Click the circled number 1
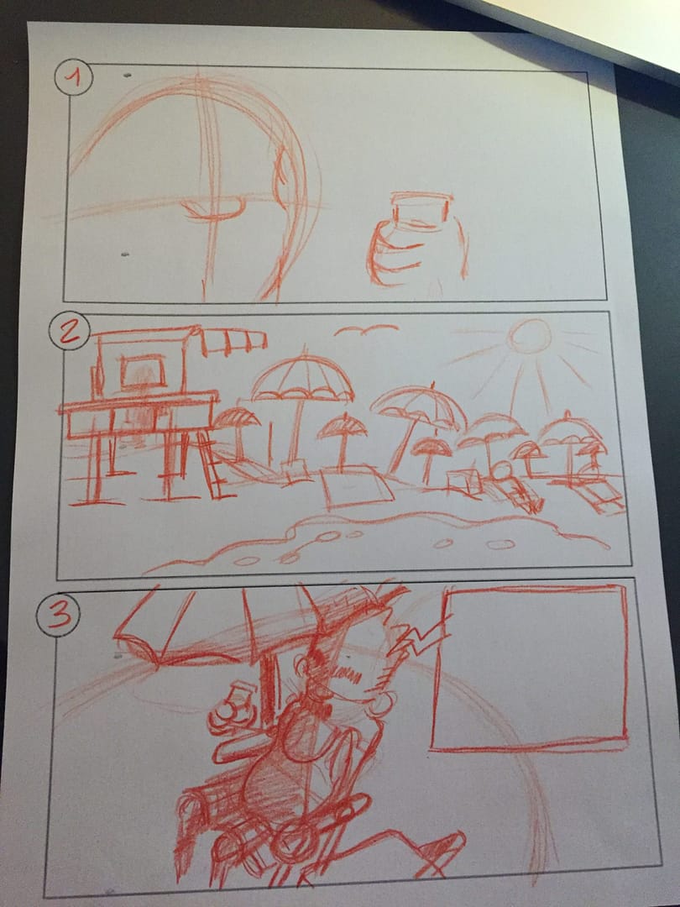(x=73, y=77)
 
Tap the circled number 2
(x=69, y=332)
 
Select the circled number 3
(x=58, y=616)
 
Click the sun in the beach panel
(x=529, y=337)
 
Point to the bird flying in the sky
(x=365, y=330)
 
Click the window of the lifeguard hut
(x=143, y=371)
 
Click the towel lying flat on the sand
(x=356, y=486)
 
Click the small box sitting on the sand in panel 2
(x=463, y=481)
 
